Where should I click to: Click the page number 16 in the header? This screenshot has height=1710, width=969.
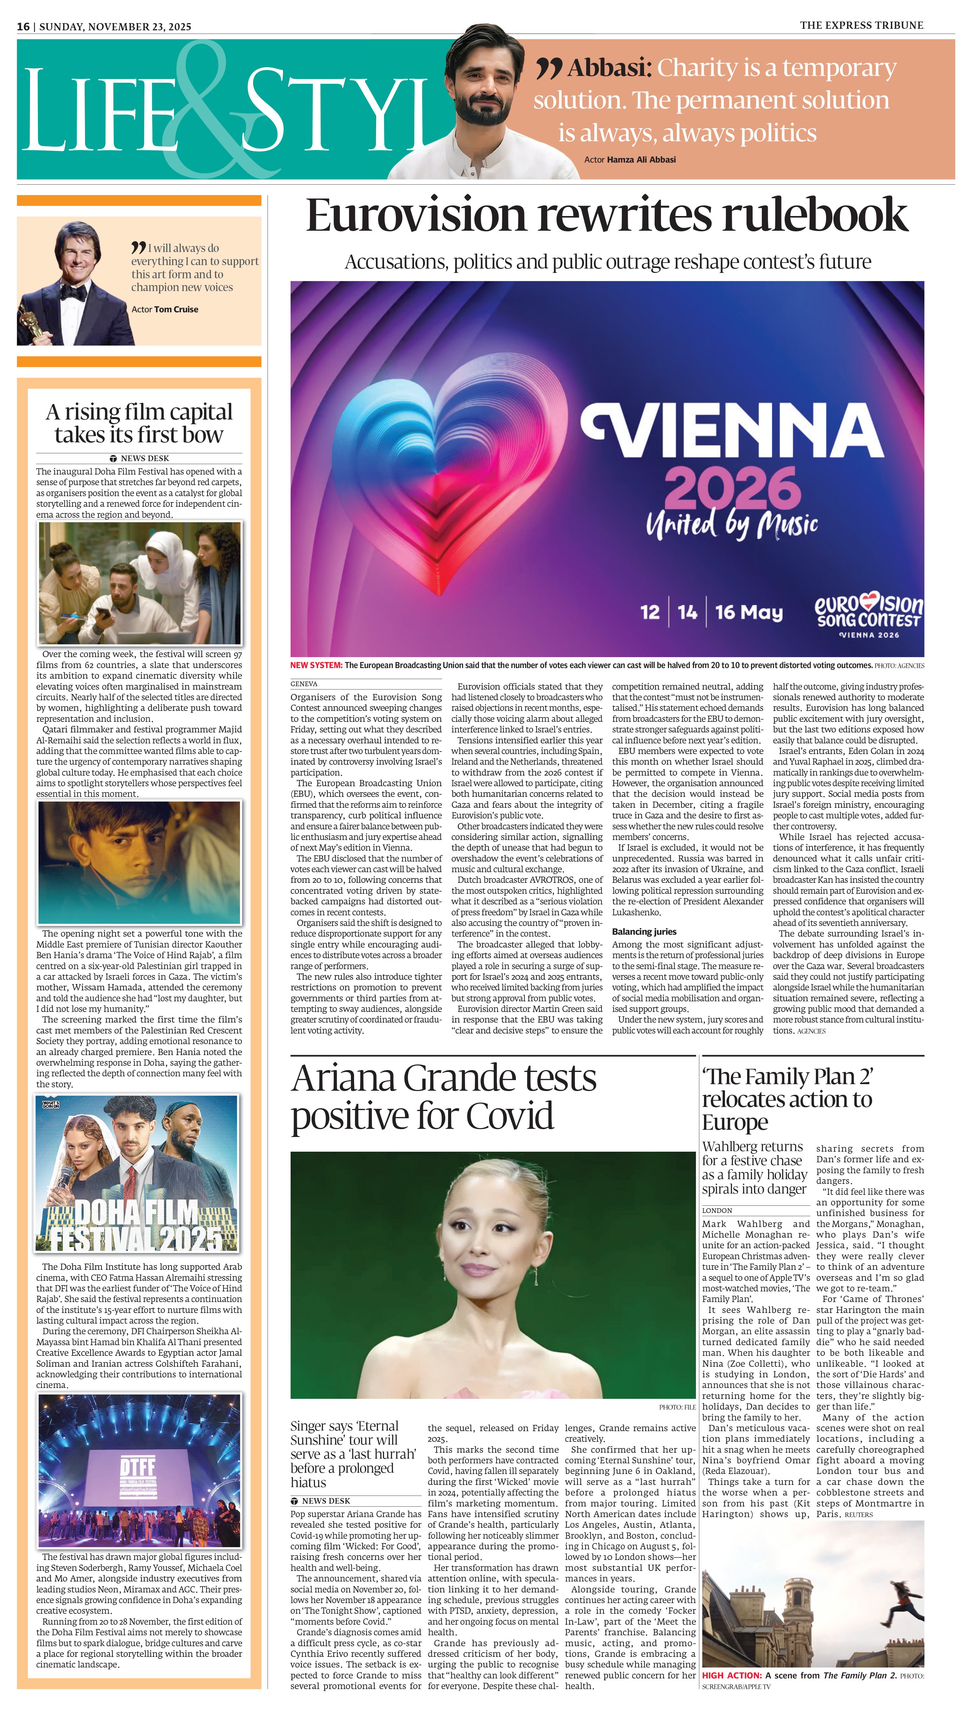[23, 27]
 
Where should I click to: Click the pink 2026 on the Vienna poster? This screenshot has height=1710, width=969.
[732, 488]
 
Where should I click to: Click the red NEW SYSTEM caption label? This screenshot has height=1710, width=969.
[316, 665]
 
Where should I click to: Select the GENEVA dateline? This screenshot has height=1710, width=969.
[304, 684]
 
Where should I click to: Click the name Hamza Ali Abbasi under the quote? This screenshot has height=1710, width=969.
[641, 160]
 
